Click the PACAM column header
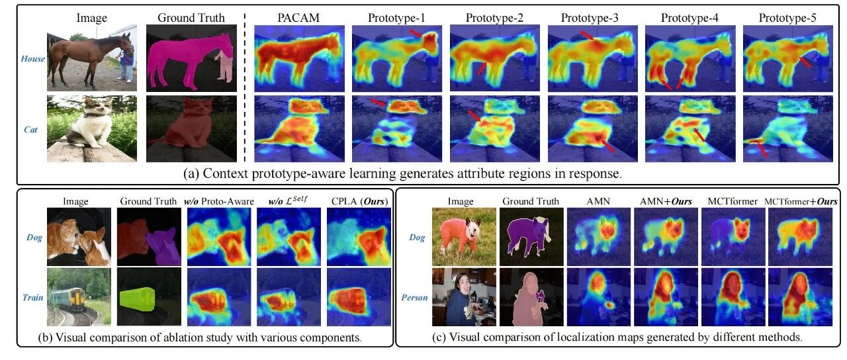point(298,18)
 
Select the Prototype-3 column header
point(590,18)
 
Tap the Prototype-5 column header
point(787,18)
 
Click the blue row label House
point(33,59)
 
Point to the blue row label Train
point(33,298)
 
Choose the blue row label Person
point(414,298)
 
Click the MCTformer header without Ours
point(733,202)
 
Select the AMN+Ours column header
point(666,202)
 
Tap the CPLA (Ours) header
point(359,201)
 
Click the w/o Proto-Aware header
point(219,201)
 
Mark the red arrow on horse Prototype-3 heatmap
point(587,36)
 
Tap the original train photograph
point(79,297)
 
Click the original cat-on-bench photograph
point(92,128)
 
